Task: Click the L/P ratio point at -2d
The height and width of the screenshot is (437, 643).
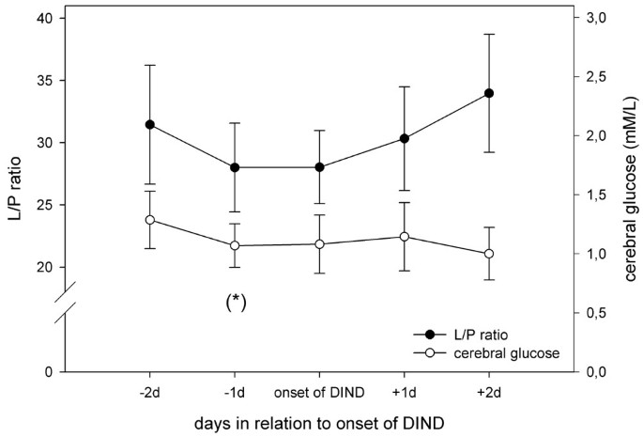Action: tap(150, 125)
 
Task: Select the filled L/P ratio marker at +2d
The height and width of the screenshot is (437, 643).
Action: tap(489, 93)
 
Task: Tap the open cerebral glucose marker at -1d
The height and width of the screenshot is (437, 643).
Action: tap(235, 246)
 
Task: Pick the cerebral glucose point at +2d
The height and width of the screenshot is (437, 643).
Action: tap(489, 254)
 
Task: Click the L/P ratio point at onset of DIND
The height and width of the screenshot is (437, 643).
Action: tap(320, 167)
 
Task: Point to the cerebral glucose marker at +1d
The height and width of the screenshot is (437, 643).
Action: tap(405, 237)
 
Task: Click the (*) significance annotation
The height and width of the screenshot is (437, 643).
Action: tap(235, 302)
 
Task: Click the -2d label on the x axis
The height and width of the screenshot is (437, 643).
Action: tap(150, 390)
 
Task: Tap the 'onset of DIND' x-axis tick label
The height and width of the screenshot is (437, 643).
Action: tap(320, 390)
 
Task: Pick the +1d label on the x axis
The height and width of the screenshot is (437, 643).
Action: tap(405, 390)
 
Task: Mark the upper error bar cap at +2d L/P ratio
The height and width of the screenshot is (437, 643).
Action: tap(489, 34)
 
